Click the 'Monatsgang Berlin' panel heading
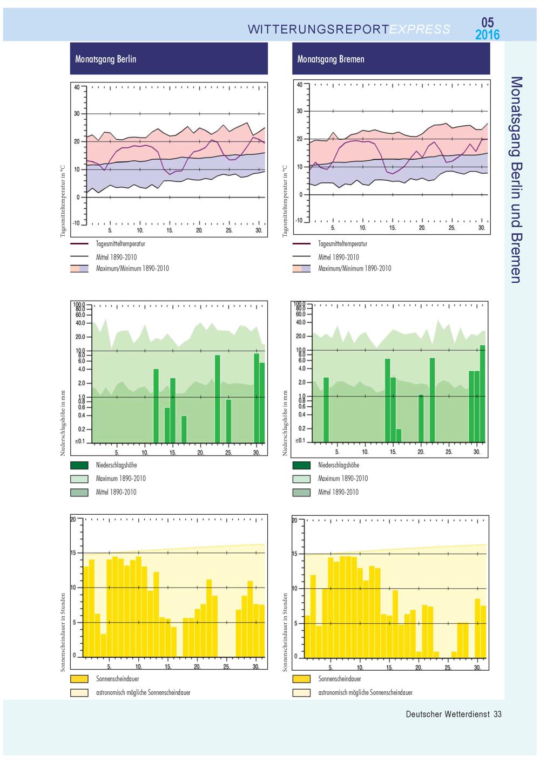pos(106,59)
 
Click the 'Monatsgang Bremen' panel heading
pos(330,59)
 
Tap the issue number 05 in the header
pos(487,23)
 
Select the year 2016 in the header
pos(488,35)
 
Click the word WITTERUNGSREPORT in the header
pos(319,29)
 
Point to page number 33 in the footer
pos(498,714)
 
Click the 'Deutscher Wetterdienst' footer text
pos(448,714)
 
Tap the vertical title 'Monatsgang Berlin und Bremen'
pos(516,180)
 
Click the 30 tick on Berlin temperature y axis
pos(77,114)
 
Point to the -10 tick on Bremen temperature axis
pos(299,221)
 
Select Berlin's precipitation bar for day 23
pos(218,399)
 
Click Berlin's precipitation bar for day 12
pos(156,406)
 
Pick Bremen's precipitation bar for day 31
pos(482,393)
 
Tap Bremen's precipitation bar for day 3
pos(326,410)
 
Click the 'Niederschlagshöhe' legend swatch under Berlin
pos(79,465)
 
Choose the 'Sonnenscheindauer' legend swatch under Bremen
pos(301,679)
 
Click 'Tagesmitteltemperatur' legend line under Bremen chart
pos(301,244)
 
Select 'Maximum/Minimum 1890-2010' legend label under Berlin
pos(132,268)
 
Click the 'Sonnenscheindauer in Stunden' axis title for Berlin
pos(63,632)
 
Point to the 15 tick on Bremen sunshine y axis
pos(295,554)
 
